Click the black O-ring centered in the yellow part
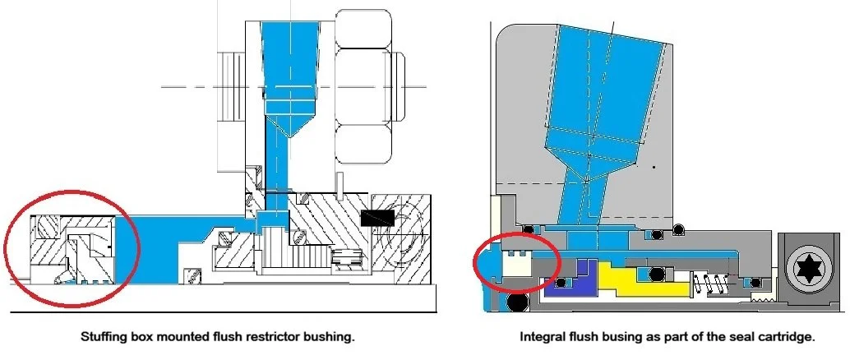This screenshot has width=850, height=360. (x=657, y=273)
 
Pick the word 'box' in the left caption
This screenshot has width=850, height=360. (x=140, y=337)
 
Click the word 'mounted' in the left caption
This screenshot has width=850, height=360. (x=179, y=337)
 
